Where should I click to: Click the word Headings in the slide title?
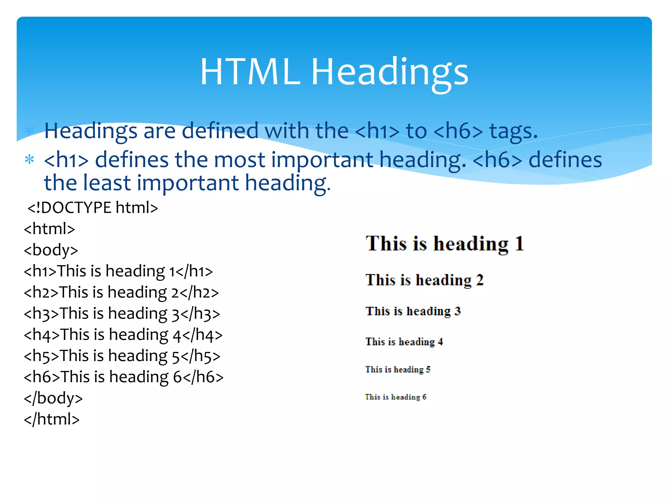click(x=390, y=72)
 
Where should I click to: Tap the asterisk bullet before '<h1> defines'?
click(x=29, y=160)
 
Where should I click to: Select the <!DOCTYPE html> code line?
click(x=93, y=208)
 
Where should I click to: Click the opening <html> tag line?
click(x=49, y=229)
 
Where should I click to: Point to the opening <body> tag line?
click(x=51, y=250)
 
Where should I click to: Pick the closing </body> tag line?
click(x=53, y=398)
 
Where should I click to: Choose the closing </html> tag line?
click(x=52, y=419)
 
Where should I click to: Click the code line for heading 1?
click(x=118, y=271)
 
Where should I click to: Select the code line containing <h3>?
click(x=122, y=314)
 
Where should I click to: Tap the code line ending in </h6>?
click(x=124, y=377)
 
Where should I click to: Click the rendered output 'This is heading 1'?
click(x=445, y=244)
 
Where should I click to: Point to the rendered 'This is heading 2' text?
click(x=424, y=280)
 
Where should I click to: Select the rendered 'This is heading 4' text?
click(x=404, y=342)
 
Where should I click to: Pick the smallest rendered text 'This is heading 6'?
click(x=396, y=397)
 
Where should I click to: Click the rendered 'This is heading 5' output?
click(x=398, y=370)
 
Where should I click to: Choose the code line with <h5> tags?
click(x=122, y=356)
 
